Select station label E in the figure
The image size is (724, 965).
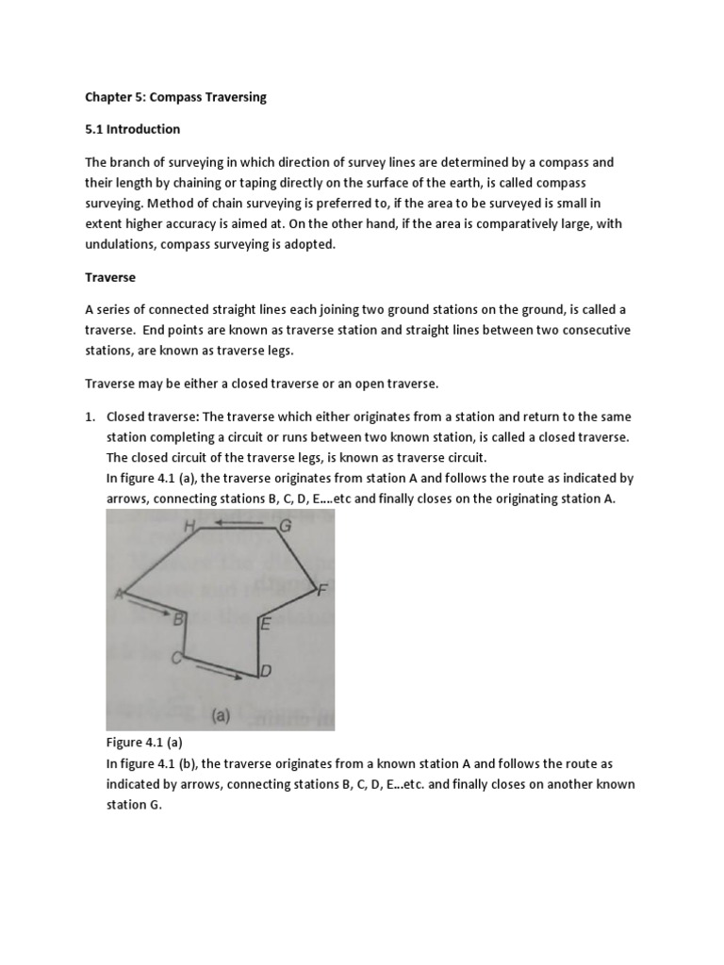266,623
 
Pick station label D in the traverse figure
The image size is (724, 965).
266,671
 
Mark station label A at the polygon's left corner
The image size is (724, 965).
119,593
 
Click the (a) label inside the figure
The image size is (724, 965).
222,715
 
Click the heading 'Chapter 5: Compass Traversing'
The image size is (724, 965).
176,98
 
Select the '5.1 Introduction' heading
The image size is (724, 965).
132,129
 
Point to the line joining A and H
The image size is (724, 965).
156,562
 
